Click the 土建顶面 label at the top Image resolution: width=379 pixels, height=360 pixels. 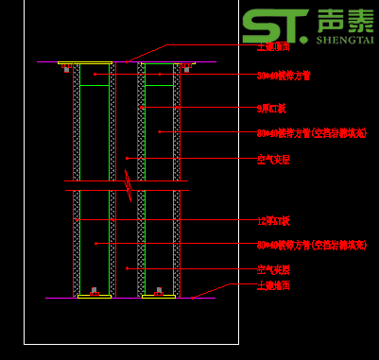coord(274,45)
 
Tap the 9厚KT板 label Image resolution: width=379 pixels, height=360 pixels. coord(271,109)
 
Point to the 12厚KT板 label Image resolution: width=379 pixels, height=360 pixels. coord(273,220)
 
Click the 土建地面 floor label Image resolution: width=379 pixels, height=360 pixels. coord(273,284)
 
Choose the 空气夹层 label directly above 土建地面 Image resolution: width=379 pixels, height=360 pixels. coord(273,269)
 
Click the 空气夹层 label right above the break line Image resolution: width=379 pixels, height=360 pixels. coord(273,160)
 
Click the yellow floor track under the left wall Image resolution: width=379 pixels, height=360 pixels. coord(94,296)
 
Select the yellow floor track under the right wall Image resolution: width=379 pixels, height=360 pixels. coord(158,296)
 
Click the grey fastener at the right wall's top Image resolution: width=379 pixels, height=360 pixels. coord(186,68)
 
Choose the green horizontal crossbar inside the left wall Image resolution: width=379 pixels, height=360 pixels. coord(94,86)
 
